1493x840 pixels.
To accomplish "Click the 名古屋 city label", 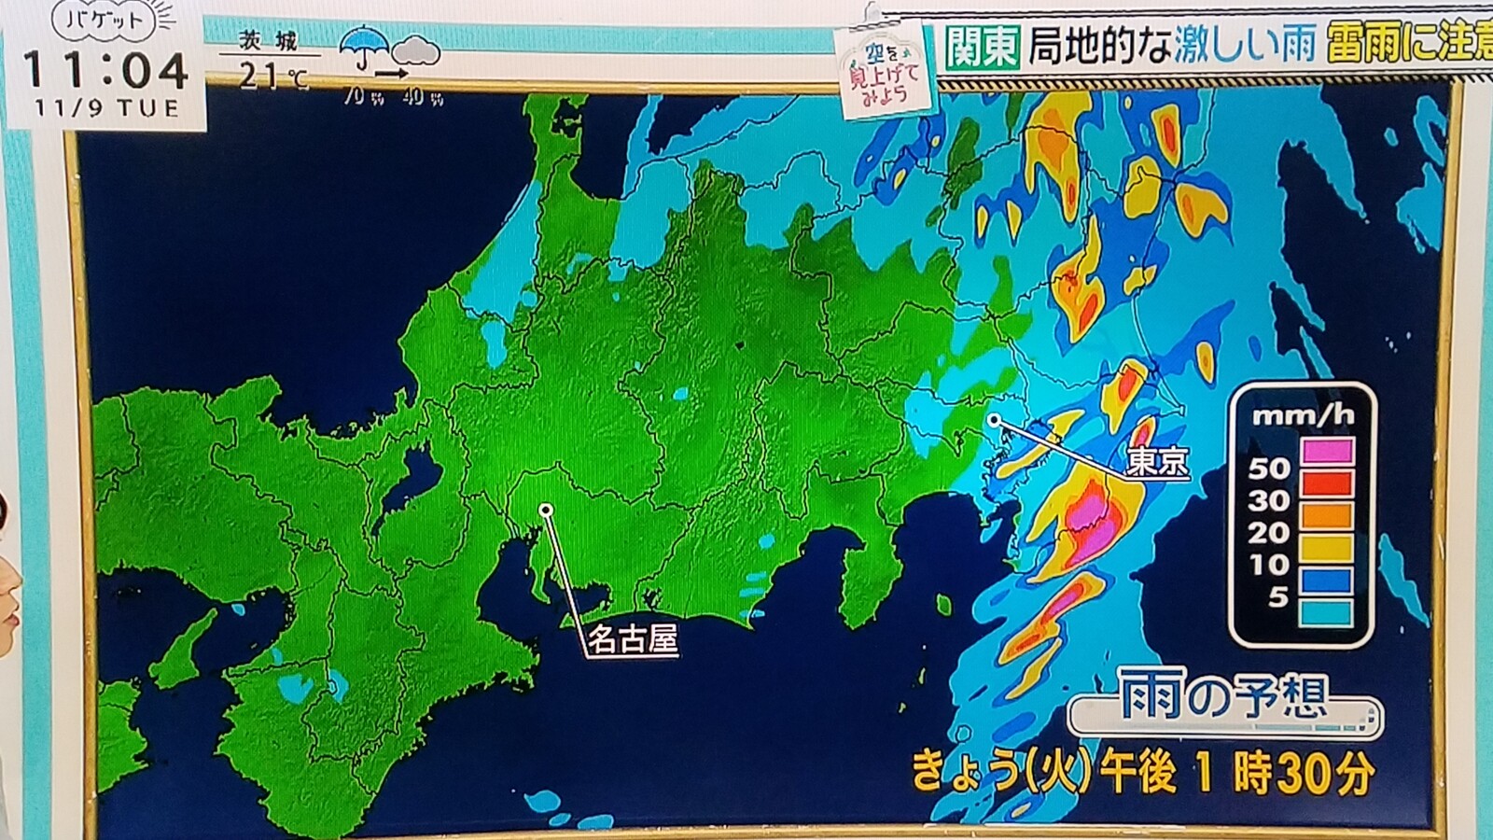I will coord(632,639).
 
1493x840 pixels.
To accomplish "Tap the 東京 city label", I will coord(1157,461).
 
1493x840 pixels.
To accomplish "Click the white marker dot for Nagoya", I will coord(546,510).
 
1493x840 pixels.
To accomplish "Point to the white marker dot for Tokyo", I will coord(995,421).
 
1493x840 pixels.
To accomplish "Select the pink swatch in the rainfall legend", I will coord(1326,451).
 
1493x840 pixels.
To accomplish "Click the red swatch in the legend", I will coord(1326,483).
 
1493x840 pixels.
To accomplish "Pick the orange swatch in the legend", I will coord(1326,514).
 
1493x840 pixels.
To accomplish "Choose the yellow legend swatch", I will coord(1326,547).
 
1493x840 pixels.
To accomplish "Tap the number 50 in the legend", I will coord(1269,468).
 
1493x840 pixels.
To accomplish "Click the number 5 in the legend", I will coord(1277,595).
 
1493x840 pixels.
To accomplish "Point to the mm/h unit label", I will coord(1302,414).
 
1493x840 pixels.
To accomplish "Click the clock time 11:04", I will coord(105,70).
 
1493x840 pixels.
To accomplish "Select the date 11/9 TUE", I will coord(106,108).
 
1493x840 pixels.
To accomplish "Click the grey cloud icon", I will coord(416,50).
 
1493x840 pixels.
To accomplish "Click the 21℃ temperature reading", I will coord(271,75).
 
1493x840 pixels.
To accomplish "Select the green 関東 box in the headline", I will coord(981,45).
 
